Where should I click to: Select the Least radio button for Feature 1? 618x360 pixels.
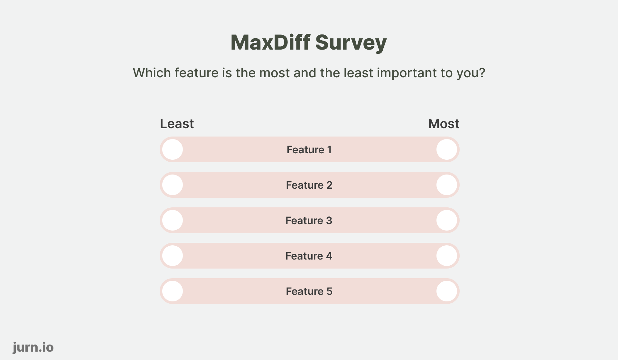click(173, 149)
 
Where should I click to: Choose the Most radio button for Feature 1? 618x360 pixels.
click(446, 149)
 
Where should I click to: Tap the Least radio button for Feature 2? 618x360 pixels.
click(173, 185)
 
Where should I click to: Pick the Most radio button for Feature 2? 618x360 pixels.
click(446, 185)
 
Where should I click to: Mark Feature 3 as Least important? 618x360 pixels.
click(173, 220)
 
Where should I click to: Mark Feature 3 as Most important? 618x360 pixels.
click(446, 220)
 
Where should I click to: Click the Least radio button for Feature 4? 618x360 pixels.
click(173, 256)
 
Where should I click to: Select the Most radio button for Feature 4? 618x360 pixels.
click(446, 256)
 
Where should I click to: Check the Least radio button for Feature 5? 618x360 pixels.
click(173, 291)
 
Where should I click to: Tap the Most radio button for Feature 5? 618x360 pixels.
click(446, 291)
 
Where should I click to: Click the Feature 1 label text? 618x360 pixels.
click(309, 150)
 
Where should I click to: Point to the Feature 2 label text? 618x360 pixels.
click(309, 185)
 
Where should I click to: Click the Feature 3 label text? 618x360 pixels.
click(309, 221)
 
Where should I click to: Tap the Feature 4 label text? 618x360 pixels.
click(309, 256)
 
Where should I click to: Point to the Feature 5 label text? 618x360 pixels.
click(309, 291)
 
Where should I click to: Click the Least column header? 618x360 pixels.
click(177, 124)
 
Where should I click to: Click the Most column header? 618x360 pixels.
click(444, 124)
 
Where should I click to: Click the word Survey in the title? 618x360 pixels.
click(351, 43)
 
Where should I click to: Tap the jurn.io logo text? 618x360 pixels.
click(33, 347)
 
